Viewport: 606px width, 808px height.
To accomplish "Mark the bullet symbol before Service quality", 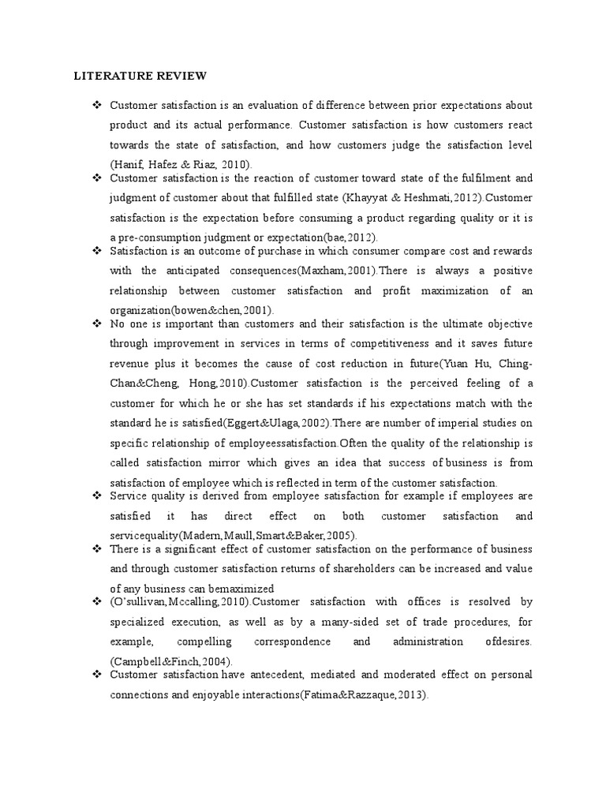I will [97, 496].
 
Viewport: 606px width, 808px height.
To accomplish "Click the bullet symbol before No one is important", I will [97, 324].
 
